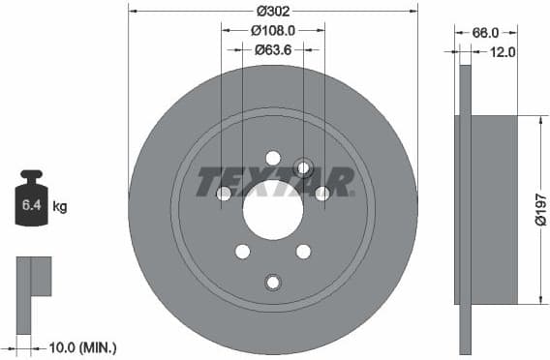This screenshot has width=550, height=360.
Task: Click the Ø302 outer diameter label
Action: [272, 12]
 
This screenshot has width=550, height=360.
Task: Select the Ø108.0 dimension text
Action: [272, 30]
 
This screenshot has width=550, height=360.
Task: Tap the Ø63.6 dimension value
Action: [272, 48]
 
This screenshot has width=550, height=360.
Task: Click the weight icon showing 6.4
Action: [31, 200]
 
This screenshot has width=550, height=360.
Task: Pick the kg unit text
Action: [60, 206]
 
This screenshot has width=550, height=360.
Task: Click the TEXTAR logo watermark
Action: [274, 181]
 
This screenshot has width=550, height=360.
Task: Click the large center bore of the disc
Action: [272, 209]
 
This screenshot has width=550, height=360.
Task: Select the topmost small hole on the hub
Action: [272, 158]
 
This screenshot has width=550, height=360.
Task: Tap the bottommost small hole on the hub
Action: [272, 282]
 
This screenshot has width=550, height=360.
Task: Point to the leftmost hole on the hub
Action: [224, 194]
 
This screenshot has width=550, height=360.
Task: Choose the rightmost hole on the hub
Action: [321, 194]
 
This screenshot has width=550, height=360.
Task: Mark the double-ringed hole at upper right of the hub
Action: [303, 167]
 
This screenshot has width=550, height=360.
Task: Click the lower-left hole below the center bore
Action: [242, 252]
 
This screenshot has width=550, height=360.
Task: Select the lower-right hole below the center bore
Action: [303, 252]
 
